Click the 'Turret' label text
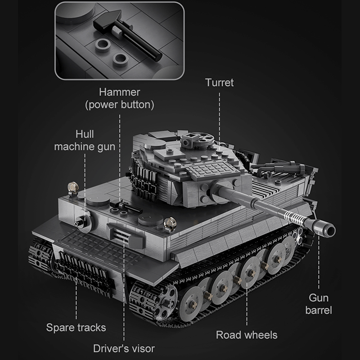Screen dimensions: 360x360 (219, 83)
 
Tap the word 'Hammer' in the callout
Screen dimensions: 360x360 (120, 92)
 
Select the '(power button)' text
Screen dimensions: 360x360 (120, 105)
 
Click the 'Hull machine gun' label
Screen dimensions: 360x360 (85, 140)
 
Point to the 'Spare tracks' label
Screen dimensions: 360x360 (76, 327)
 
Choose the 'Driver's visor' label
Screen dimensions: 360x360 (124, 348)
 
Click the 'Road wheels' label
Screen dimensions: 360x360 (247, 334)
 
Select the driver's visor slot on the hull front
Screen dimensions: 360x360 (118, 235)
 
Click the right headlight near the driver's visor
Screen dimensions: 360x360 (169, 222)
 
